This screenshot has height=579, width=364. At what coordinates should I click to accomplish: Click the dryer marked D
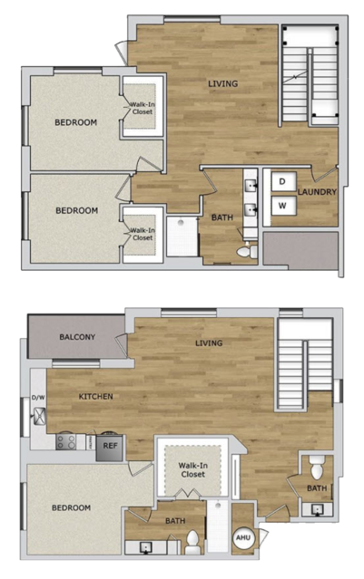[x=283, y=181]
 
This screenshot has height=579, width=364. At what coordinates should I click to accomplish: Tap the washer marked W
[x=283, y=206]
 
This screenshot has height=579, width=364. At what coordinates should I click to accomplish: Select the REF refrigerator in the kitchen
[x=110, y=448]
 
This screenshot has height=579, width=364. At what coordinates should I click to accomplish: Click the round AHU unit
[x=243, y=537]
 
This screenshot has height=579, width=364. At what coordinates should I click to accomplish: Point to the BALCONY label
[x=77, y=337]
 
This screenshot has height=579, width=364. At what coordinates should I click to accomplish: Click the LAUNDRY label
[x=317, y=192]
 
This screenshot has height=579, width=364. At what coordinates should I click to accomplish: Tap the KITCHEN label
[x=96, y=396]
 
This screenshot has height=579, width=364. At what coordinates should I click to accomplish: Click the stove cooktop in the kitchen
[x=66, y=441]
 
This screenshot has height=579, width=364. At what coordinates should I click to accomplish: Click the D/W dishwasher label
[x=38, y=398]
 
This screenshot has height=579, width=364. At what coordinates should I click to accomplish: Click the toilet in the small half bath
[x=317, y=468]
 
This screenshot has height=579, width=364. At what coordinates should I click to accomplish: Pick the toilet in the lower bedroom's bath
[x=192, y=543]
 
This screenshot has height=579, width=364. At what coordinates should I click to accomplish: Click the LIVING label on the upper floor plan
[x=222, y=83]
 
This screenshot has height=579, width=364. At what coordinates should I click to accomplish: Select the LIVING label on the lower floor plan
[x=209, y=343]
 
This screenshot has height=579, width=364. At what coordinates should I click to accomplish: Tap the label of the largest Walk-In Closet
[x=192, y=469]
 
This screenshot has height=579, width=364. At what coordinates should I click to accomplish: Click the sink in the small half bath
[x=317, y=509]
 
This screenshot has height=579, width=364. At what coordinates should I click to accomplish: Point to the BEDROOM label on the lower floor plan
[x=71, y=507]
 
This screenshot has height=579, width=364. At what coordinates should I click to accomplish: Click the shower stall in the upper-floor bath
[x=182, y=236]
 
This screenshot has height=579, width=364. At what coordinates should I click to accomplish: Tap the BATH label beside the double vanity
[x=222, y=217]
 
